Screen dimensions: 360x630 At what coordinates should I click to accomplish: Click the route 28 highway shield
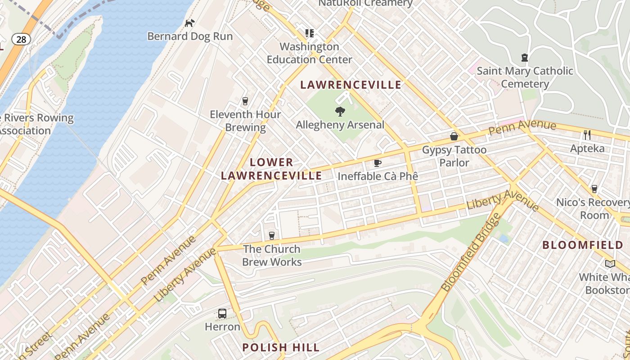[x=21, y=39]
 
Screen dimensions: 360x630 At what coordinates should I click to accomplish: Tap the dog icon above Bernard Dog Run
[x=190, y=22]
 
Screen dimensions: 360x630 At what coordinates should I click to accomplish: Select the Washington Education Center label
[x=309, y=53]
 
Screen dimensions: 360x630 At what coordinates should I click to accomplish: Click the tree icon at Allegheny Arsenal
[x=340, y=111]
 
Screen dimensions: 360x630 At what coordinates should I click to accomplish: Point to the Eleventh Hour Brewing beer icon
[x=245, y=101]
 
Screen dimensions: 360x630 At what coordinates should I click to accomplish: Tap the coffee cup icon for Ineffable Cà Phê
[x=378, y=163]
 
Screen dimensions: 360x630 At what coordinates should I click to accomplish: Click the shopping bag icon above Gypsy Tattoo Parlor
[x=454, y=136]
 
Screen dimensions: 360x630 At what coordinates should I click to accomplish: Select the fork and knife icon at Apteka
[x=587, y=135]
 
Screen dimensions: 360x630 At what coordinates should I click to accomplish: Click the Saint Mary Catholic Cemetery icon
[x=524, y=58]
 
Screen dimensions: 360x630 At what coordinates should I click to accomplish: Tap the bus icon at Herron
[x=222, y=313]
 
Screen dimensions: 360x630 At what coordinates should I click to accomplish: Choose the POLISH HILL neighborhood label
[x=281, y=347]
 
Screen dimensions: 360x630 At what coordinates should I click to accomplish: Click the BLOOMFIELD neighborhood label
[x=583, y=245]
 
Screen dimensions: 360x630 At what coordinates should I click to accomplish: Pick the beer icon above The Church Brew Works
[x=271, y=235]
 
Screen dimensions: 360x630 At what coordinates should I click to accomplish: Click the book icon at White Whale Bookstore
[x=610, y=264]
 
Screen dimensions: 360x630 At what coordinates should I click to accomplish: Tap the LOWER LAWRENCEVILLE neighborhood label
[x=271, y=169]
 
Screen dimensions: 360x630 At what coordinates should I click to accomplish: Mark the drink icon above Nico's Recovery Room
[x=594, y=189]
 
